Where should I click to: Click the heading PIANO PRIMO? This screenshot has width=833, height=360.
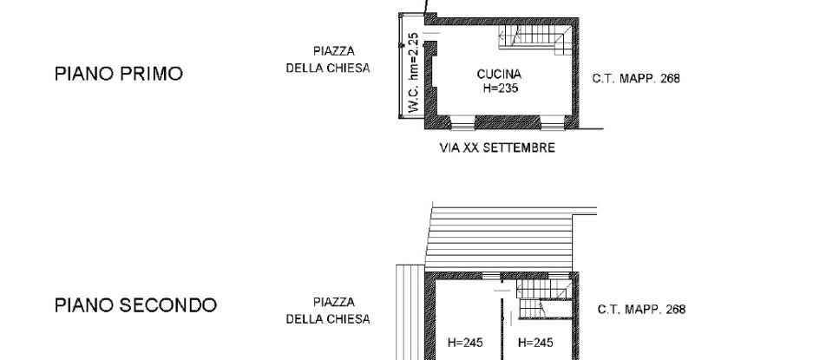(x=119, y=75)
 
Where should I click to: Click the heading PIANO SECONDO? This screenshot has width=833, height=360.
(x=135, y=305)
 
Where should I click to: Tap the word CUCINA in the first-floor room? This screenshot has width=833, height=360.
(x=498, y=75)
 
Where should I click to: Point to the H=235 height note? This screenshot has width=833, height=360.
(x=498, y=88)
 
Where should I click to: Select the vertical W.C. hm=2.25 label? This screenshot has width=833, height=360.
(x=414, y=73)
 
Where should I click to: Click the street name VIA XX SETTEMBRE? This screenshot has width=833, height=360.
(x=498, y=148)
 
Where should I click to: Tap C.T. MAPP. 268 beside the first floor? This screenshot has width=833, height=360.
(x=636, y=78)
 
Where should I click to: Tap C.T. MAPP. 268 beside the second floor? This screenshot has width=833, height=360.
(x=641, y=310)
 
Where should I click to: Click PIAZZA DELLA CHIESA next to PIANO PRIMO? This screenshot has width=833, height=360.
(x=328, y=60)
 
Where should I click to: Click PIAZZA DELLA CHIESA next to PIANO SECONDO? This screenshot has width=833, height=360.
(x=328, y=311)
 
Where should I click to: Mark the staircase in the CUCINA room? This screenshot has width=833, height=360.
(x=534, y=37)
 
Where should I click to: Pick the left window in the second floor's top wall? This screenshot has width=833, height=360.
(x=492, y=275)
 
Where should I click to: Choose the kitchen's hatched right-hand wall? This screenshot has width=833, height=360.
(x=574, y=74)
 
